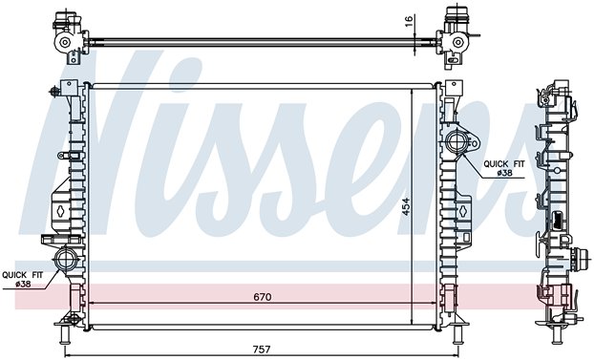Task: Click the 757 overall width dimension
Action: click(x=262, y=349)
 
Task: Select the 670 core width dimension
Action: click(x=263, y=297)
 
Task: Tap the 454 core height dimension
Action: click(x=406, y=206)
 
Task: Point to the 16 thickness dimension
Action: click(x=409, y=21)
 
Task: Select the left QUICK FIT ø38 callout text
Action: click(x=23, y=279)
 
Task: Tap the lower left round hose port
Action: click(x=66, y=259)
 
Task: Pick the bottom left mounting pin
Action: click(x=65, y=334)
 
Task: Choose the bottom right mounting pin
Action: click(x=457, y=334)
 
